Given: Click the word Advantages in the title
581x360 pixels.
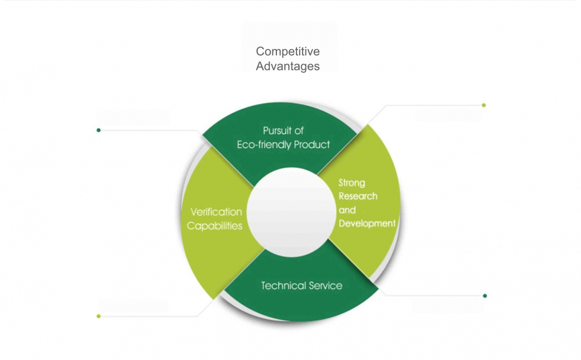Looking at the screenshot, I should [x=287, y=66].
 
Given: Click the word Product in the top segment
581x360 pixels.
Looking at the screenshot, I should [x=312, y=145].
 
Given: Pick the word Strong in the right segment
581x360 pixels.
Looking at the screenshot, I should [x=352, y=183].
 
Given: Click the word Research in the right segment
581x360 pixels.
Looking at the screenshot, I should [x=358, y=196].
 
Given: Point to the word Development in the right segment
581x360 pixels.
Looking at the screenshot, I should [x=367, y=223].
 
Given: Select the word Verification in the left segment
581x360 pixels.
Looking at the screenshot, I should [x=216, y=212].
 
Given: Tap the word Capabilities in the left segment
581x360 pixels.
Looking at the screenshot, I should [x=214, y=226].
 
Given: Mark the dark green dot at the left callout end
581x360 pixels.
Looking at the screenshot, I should [x=99, y=130].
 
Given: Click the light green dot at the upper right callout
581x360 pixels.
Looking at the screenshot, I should [x=484, y=105].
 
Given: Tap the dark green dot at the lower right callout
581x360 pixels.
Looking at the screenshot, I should [x=485, y=296].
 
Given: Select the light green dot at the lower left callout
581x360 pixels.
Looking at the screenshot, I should [x=99, y=316].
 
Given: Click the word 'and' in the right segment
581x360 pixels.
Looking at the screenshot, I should [x=347, y=210].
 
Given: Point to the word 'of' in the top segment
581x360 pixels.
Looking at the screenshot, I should [x=300, y=131].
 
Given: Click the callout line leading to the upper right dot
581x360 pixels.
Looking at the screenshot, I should [x=431, y=106].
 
